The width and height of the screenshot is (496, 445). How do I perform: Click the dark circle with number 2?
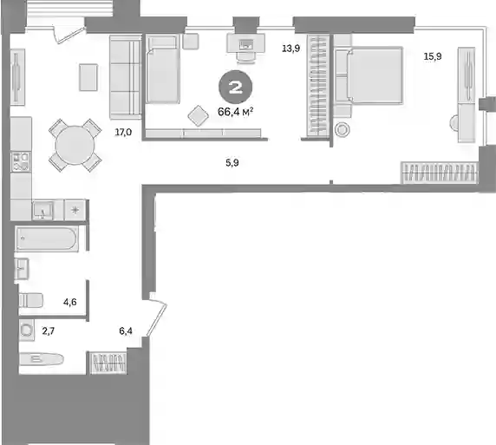click(x=235, y=87)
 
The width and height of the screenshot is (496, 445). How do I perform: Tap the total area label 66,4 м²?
click(x=235, y=111)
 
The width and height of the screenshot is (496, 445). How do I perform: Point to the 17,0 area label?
click(x=123, y=132)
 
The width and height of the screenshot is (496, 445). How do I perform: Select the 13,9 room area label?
click(x=291, y=49)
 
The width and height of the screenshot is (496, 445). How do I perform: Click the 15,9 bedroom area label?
click(x=433, y=56)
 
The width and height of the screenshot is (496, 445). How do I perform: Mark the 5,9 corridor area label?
click(x=232, y=163)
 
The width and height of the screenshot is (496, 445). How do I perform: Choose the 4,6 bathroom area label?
click(x=70, y=302)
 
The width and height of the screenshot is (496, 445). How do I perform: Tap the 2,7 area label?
click(x=49, y=331)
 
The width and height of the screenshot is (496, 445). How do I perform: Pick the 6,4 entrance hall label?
click(x=126, y=331)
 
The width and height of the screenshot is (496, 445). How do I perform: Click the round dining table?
click(x=75, y=145)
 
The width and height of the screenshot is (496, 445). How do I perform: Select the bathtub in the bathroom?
click(x=47, y=239)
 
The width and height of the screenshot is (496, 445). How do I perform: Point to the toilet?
click(x=30, y=300)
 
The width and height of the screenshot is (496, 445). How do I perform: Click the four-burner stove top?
click(x=21, y=161)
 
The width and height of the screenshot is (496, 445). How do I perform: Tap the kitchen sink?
click(x=42, y=210)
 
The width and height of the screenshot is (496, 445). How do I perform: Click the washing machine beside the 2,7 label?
click(x=27, y=330)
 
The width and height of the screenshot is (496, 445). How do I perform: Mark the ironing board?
click(x=42, y=359)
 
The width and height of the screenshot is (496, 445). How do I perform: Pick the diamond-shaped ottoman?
click(x=198, y=116)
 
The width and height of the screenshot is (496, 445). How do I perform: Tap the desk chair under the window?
click(x=246, y=57)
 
